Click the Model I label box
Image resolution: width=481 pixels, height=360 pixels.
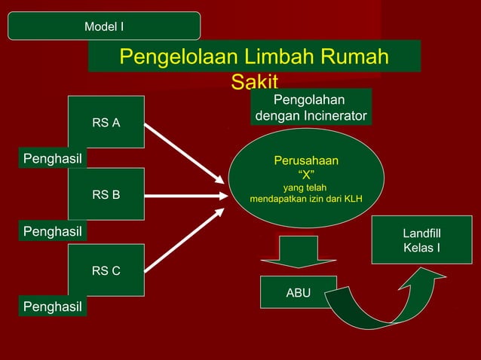tap(104, 26)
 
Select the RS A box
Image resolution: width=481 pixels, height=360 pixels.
tap(106, 122)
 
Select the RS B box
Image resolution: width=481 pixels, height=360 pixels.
tap(106, 195)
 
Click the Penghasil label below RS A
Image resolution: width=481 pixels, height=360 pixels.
tap(52, 158)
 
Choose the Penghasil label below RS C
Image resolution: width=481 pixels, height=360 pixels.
tap(52, 307)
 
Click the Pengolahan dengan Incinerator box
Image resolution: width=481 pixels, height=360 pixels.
tap(311, 108)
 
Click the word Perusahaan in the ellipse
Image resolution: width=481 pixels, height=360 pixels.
tap(306, 160)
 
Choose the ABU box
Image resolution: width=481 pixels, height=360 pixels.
tap(299, 292)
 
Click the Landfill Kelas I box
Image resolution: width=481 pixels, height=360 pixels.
tap(421, 240)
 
